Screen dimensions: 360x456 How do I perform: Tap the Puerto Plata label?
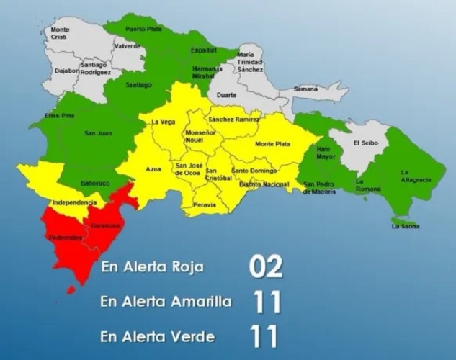(x=142, y=29)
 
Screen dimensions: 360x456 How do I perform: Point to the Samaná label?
(x=305, y=89)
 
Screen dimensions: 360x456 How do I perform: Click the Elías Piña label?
(x=58, y=117)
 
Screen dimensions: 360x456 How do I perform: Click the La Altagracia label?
(x=415, y=174)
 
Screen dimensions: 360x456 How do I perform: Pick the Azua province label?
(x=152, y=170)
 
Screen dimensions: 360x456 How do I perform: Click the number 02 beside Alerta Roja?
(x=266, y=266)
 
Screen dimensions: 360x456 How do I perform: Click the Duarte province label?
(x=227, y=94)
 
